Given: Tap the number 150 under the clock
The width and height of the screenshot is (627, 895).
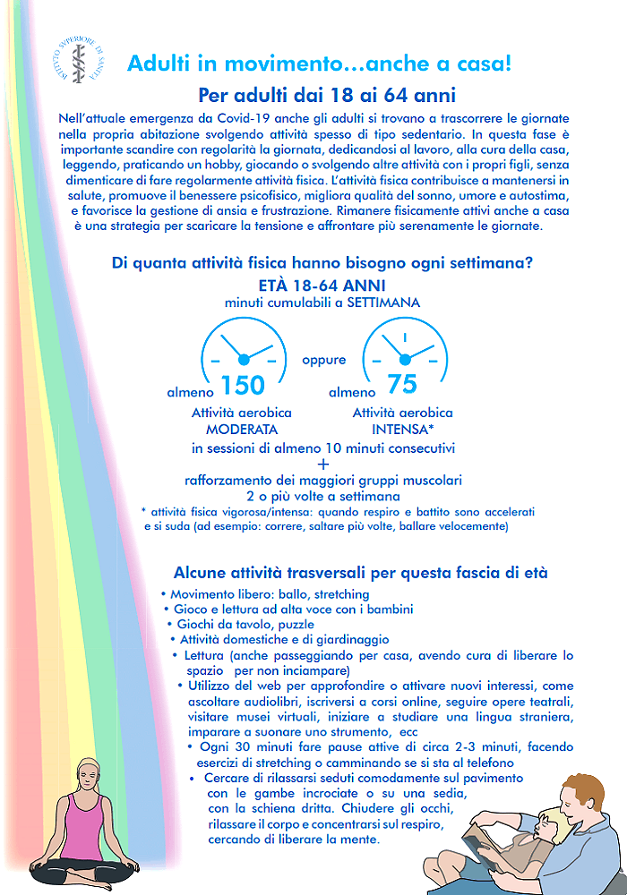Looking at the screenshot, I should pos(243,385).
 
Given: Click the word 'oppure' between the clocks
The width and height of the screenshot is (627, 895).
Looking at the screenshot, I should pos(323,361).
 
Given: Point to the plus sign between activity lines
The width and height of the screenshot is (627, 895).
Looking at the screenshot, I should pos(323,464).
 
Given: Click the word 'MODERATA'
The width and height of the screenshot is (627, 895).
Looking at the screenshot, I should pos(242,430).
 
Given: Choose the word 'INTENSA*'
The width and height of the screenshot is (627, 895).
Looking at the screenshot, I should pos(403,430).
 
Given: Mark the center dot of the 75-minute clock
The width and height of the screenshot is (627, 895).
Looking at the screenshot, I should pos(404,359).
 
